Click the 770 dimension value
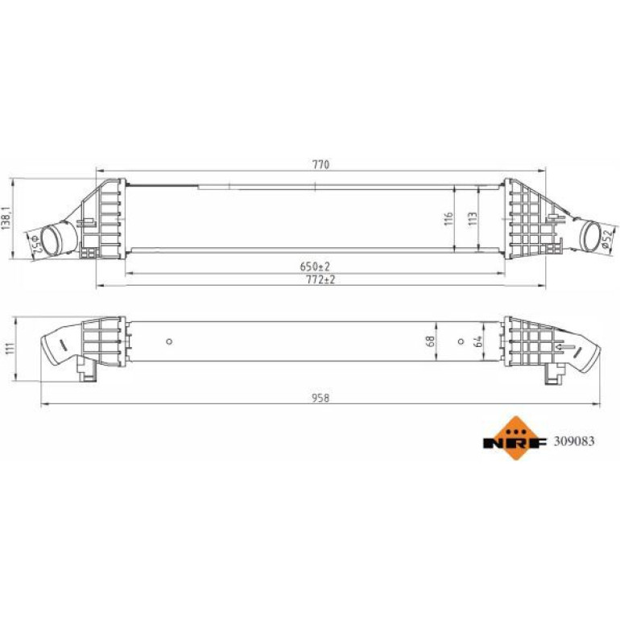click(x=320, y=164)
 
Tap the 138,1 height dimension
click(x=6, y=218)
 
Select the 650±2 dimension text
click(x=315, y=267)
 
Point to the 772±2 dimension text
click(x=320, y=279)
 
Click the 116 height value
click(x=448, y=219)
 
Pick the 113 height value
click(x=473, y=219)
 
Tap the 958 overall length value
click(x=320, y=398)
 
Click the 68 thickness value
click(x=432, y=341)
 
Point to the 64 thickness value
click(x=477, y=341)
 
